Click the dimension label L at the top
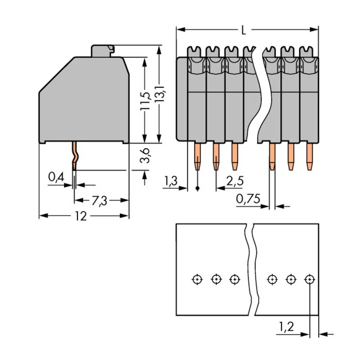point(244,31)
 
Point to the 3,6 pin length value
point(145,155)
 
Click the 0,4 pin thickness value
point(56,177)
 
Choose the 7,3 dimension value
point(99,201)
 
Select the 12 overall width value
point(81,216)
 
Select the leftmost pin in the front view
point(198,156)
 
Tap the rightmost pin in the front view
point(309,156)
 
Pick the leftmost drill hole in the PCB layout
point(197,279)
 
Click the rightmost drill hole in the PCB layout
point(309,279)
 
